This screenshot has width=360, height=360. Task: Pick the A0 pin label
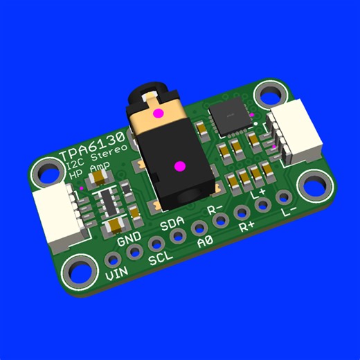[204, 242]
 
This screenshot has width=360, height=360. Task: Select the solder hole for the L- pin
[282, 197]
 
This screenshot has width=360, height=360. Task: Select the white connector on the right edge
[298, 136]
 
